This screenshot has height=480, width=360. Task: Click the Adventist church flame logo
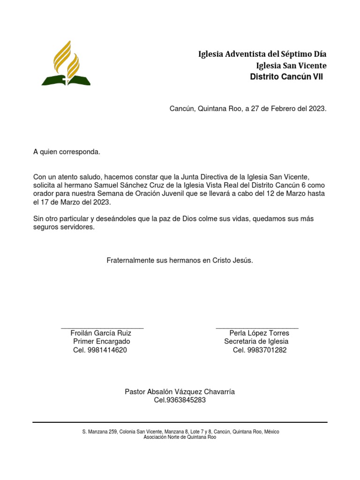(66, 63)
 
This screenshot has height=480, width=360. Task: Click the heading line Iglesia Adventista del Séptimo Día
(262, 54)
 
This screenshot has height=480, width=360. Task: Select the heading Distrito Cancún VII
(286, 76)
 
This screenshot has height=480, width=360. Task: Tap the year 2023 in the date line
(316, 109)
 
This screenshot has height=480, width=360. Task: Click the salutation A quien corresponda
(67, 152)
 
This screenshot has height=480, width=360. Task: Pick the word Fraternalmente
(131, 260)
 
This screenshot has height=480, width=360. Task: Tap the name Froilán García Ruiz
(101, 333)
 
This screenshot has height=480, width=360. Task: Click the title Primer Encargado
(102, 342)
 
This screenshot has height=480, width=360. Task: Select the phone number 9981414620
(107, 350)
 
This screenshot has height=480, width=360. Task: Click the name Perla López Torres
(259, 333)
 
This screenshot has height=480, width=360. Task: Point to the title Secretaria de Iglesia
(256, 342)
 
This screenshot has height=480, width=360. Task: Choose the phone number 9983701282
(267, 350)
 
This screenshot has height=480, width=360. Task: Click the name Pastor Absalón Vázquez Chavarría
(180, 392)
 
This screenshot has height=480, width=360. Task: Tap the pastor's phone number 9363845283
(187, 400)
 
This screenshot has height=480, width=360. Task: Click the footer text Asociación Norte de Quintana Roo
(180, 437)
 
